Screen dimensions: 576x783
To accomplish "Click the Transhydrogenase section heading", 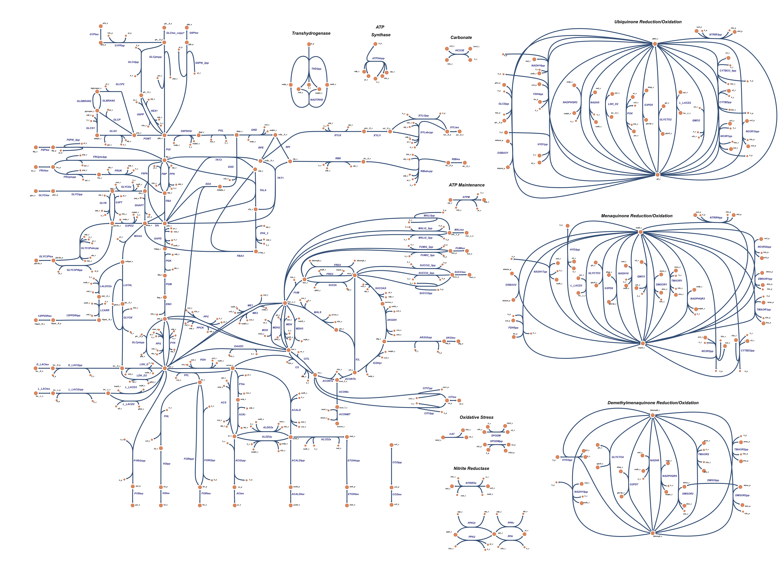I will tap(311, 33).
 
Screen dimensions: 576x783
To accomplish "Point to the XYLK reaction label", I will tap(337, 135).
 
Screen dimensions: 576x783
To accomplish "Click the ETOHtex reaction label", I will tap(353, 494).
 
